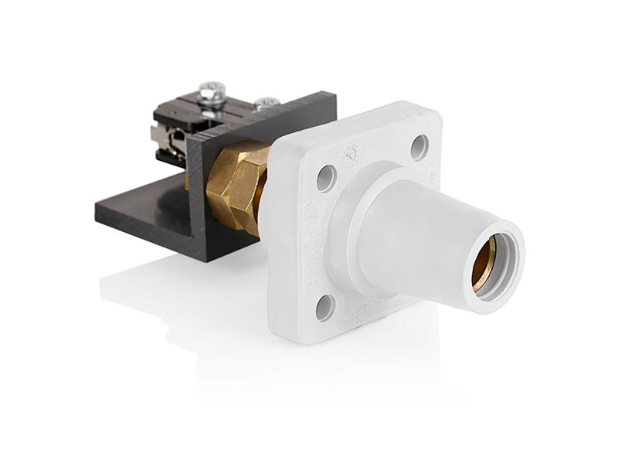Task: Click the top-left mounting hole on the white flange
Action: click(326, 178)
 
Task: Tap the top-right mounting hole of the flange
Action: click(419, 147)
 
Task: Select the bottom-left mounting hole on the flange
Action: click(325, 307)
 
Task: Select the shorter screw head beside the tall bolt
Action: click(267, 102)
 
